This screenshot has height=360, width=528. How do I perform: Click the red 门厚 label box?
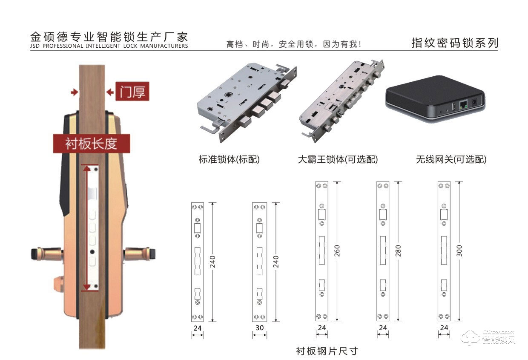click(x=132, y=92)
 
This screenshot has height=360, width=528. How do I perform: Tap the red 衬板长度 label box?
click(x=91, y=144)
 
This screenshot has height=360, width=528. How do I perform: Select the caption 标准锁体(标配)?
click(x=229, y=160)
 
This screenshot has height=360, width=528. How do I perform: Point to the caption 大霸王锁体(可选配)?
click(x=338, y=160)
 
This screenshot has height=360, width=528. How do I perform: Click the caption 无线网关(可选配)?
click(x=451, y=160)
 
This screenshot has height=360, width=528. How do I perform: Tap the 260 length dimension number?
click(x=338, y=251)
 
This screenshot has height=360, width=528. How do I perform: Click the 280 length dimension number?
click(x=399, y=251)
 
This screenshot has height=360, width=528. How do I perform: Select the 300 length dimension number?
click(x=459, y=251)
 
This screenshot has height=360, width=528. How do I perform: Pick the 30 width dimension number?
click(x=259, y=328)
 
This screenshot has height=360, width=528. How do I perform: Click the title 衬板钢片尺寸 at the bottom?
click(x=327, y=351)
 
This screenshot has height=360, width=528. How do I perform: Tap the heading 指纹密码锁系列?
click(x=454, y=43)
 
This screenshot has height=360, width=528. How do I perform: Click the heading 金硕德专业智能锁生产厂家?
click(x=109, y=36)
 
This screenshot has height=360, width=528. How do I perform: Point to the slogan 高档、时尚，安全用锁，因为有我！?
click(x=294, y=44)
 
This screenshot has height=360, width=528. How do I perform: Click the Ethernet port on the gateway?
click(x=463, y=104)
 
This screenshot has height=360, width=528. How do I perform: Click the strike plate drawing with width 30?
click(x=259, y=262)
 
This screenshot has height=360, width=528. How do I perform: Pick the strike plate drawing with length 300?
click(x=444, y=251)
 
